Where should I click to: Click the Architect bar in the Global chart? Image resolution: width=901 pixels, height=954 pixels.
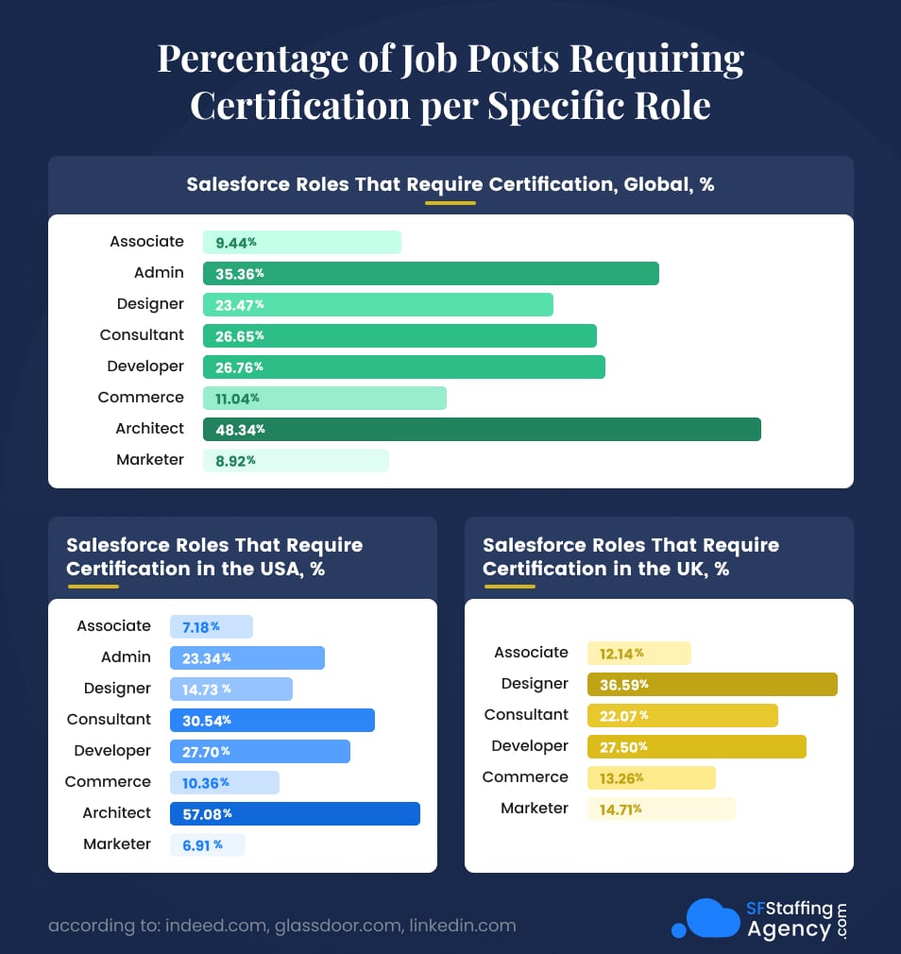coord(482,429)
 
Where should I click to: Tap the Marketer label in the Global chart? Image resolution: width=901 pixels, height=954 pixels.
coord(150,460)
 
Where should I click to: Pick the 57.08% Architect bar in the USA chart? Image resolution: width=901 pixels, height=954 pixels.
coord(295,813)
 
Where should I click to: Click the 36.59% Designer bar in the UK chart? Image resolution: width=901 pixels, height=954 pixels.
coord(712,684)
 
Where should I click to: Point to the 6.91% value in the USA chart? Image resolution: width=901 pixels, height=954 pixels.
coord(202,844)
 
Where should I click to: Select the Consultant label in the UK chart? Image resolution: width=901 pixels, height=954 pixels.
coord(526,715)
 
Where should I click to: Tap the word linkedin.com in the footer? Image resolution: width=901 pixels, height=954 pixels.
coord(462,926)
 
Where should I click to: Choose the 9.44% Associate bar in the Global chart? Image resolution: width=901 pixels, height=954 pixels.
coord(301,243)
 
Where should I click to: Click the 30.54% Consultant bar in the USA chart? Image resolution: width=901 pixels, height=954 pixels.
coord(272,720)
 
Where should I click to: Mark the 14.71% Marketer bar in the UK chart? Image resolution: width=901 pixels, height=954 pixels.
coord(660,809)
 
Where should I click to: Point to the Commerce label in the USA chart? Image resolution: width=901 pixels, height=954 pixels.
coord(108,782)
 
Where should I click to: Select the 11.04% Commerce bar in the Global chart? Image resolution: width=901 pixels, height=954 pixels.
coord(324,398)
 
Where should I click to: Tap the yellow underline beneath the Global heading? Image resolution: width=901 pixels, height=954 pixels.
coord(450,202)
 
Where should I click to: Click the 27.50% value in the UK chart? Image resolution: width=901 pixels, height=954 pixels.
coord(623,746)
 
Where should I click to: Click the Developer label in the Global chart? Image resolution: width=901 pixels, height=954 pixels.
coord(145,366)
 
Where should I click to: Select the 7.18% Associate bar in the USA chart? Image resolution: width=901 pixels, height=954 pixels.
coord(212,627)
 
